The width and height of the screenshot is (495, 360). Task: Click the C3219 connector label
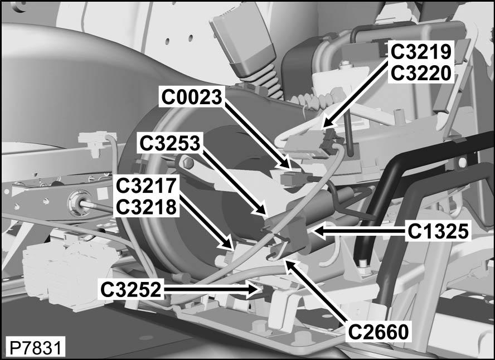click(x=421, y=52)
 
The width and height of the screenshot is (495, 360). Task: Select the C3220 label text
click(x=421, y=73)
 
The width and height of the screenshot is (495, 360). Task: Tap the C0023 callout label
click(x=192, y=97)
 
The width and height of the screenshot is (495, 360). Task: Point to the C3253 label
click(x=170, y=143)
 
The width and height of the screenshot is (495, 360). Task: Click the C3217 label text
click(x=146, y=186)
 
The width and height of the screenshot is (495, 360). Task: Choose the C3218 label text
click(x=146, y=207)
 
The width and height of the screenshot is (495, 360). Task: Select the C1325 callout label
click(x=438, y=232)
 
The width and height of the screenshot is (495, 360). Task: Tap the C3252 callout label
click(x=130, y=289)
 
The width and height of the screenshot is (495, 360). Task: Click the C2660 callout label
click(x=378, y=332)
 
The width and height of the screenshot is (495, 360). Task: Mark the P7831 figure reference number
click(x=36, y=348)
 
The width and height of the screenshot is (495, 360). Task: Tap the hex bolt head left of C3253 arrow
click(x=188, y=163)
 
